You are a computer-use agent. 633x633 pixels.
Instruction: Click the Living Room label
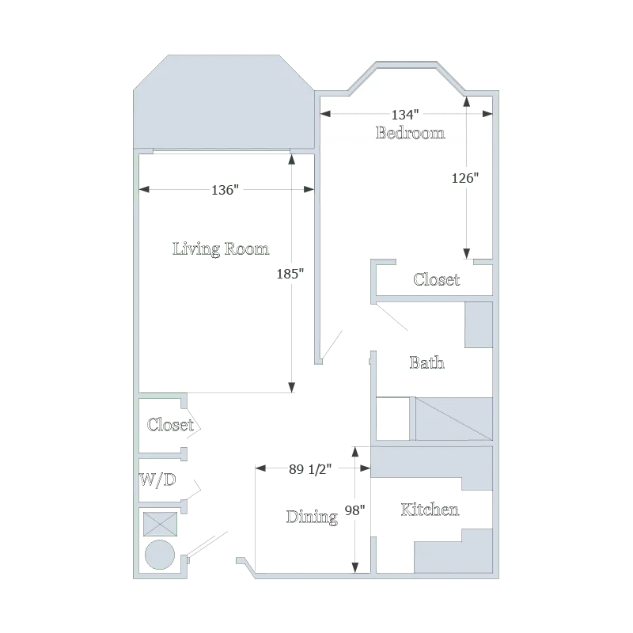(221, 248)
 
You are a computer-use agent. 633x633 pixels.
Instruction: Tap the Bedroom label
(410, 133)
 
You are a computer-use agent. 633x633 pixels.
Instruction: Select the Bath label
(426, 362)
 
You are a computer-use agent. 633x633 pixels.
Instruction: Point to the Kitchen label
(430, 510)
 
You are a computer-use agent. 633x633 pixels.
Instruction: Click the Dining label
(312, 517)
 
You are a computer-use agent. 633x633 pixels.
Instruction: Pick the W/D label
(157, 479)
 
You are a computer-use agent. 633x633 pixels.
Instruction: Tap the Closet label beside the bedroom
(437, 279)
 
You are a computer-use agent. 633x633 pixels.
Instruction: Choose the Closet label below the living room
(170, 425)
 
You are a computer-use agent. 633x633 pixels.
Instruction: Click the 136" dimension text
(225, 190)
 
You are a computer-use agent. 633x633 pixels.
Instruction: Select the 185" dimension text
(290, 274)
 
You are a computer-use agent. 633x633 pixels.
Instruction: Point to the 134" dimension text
(405, 115)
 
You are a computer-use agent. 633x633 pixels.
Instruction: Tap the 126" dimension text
(465, 177)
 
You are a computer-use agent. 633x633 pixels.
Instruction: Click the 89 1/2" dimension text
(310, 469)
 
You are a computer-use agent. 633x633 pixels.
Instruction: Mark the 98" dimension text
(354, 510)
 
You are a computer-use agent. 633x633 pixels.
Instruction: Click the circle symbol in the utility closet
(160, 555)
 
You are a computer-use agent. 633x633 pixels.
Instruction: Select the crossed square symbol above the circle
(161, 525)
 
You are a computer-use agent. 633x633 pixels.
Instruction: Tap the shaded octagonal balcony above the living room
(224, 102)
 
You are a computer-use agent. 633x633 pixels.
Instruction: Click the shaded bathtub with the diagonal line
(453, 419)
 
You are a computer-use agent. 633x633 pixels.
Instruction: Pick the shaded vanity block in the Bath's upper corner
(479, 324)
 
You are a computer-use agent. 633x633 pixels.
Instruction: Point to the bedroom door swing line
(332, 344)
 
